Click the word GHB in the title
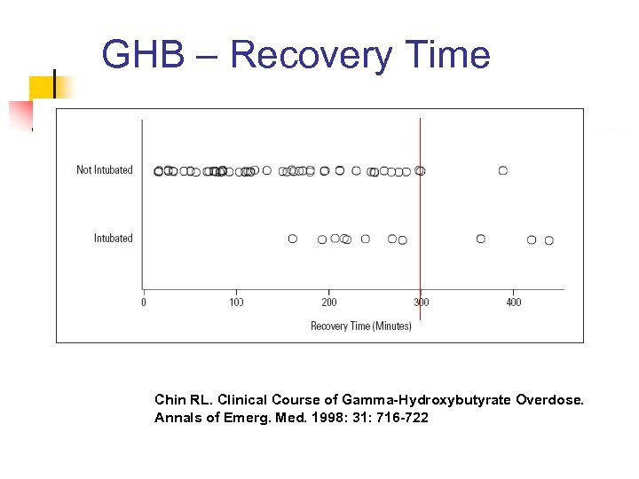click(143, 55)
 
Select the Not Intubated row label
click(104, 170)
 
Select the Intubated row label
click(113, 239)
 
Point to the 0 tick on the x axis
click(144, 302)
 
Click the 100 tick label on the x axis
click(237, 302)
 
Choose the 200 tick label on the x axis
click(329, 302)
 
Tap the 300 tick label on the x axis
click(422, 302)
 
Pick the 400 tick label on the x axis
click(514, 302)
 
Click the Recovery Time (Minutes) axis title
click(361, 326)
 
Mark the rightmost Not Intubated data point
click(503, 170)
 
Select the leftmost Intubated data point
click(293, 239)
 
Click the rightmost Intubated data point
click(549, 240)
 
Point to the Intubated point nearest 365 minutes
click(481, 239)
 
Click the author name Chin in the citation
click(169, 400)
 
